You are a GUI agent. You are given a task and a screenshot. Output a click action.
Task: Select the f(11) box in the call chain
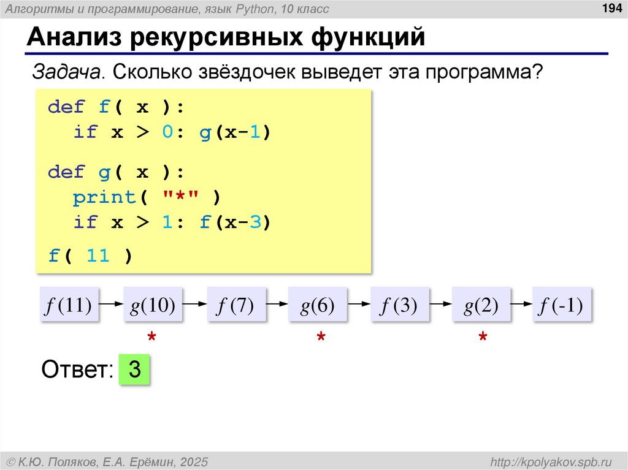[x=67, y=305]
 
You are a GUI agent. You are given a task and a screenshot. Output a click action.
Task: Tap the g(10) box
[x=153, y=305]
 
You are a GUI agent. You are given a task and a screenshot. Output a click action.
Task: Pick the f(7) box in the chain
[x=235, y=305]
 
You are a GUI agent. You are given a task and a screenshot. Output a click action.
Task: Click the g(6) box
[x=317, y=305]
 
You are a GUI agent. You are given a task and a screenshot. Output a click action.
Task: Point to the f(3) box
[x=399, y=305]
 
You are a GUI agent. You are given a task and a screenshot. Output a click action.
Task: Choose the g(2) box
[x=480, y=305]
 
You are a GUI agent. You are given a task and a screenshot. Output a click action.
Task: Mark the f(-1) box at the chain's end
[x=561, y=305]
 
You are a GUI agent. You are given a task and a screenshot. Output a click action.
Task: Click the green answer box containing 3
[x=135, y=370]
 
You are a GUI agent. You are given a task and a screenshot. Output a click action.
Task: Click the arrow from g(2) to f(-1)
[x=521, y=304]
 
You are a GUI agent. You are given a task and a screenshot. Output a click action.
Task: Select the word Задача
[x=67, y=72]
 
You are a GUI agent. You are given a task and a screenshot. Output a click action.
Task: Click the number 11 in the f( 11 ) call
[x=98, y=256]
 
